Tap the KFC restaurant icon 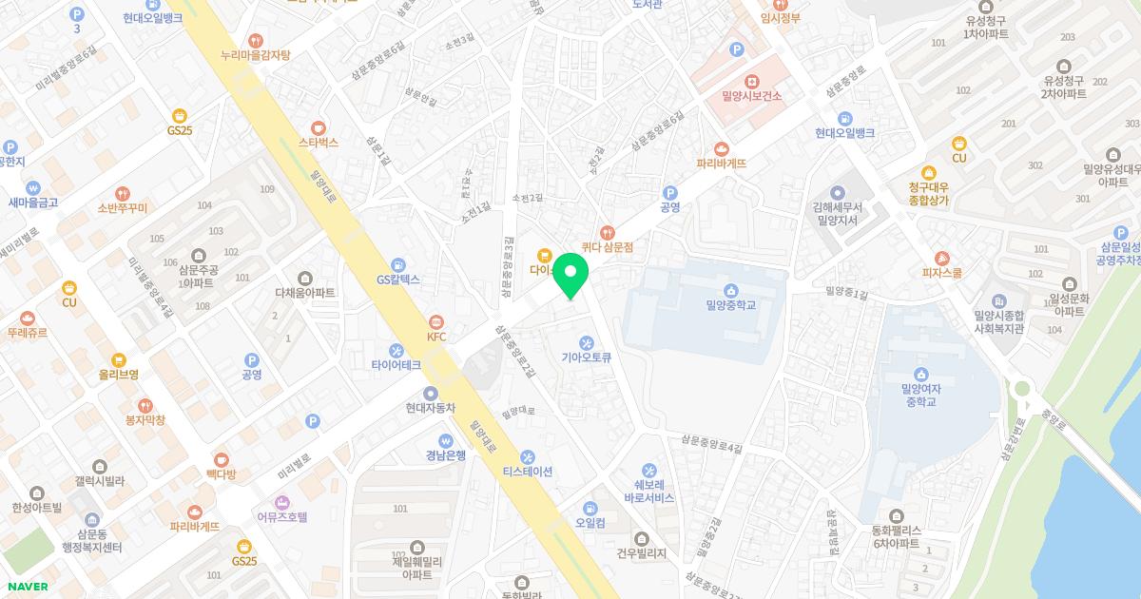click(436, 321)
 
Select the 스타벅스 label click(319, 143)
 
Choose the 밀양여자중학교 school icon click(920, 374)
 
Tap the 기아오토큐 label click(587, 357)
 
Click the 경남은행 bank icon click(445, 440)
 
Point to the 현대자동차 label click(431, 408)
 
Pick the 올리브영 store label click(119, 374)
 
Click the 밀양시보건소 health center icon click(751, 81)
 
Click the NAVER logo click(27, 586)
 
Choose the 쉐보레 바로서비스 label click(649, 492)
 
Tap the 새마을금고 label click(34, 203)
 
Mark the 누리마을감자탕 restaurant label click(255, 55)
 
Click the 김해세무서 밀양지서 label click(837, 213)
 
